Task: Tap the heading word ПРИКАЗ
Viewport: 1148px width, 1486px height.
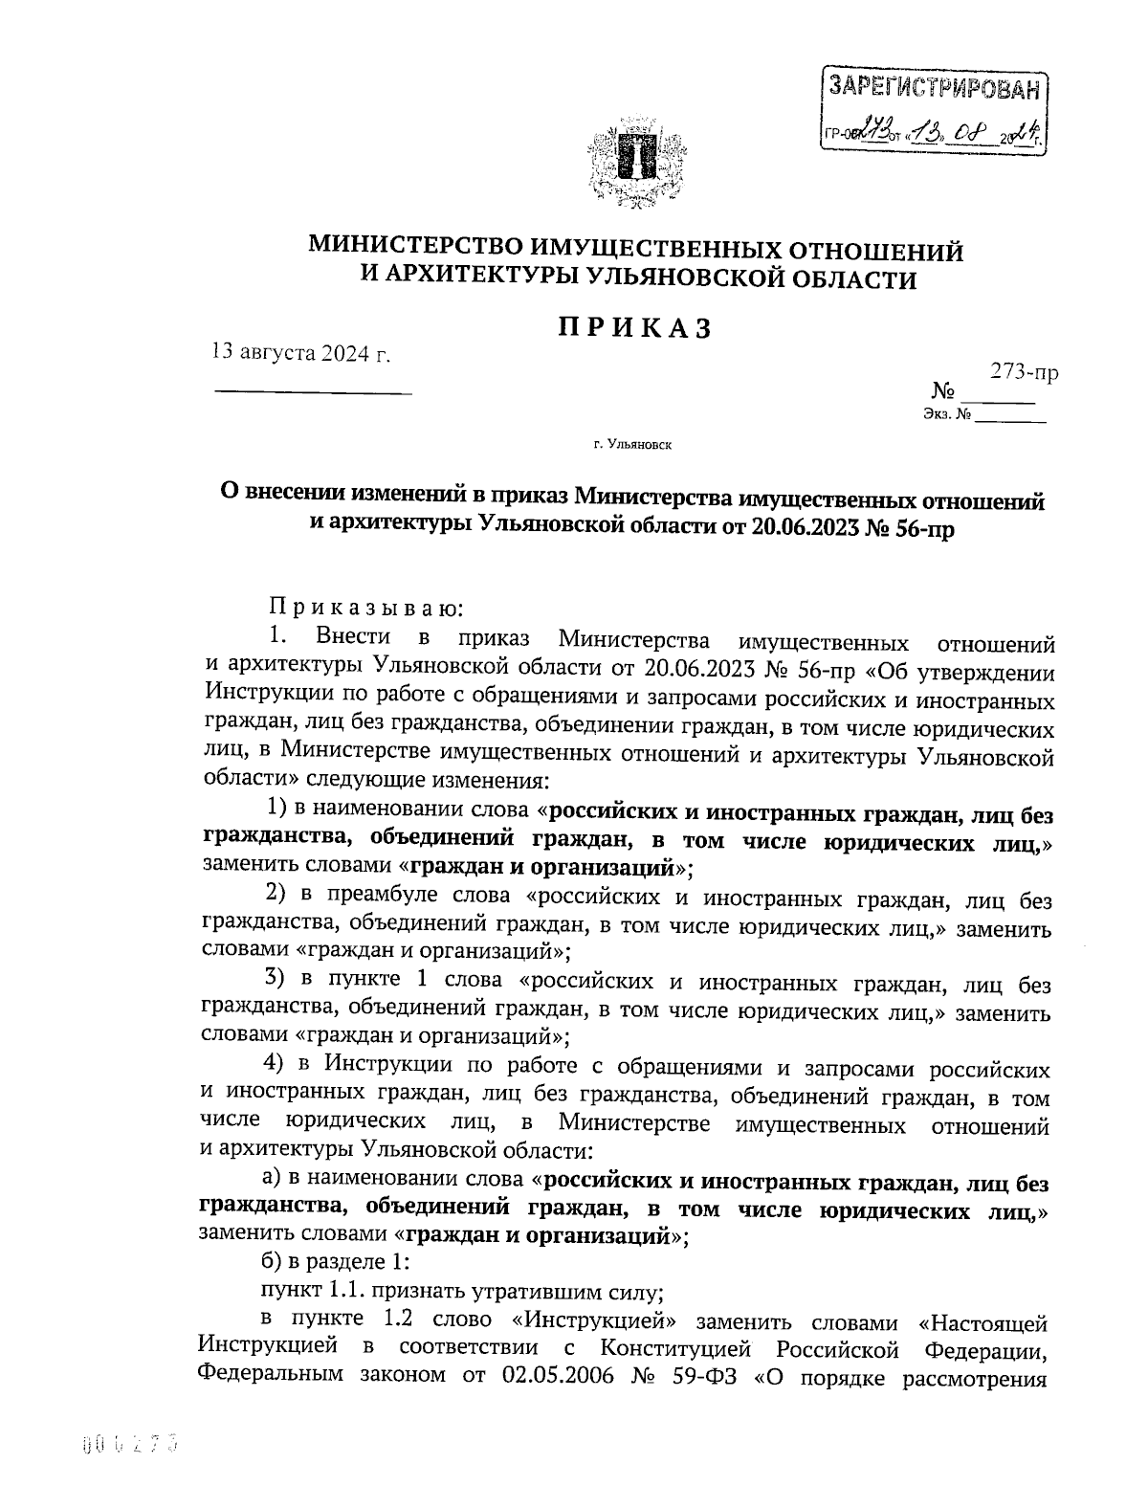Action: (634, 327)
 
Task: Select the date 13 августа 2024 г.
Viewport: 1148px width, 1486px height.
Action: (301, 352)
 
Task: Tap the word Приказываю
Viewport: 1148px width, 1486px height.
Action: (365, 607)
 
